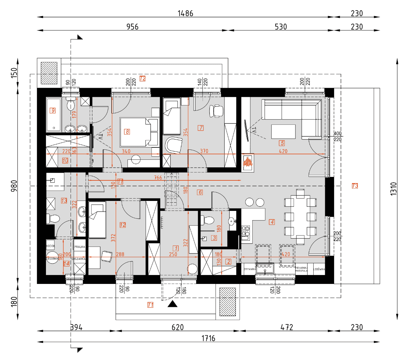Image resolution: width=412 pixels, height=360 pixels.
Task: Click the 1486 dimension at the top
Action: [185, 13]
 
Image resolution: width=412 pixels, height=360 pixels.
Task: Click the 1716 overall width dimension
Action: [208, 338]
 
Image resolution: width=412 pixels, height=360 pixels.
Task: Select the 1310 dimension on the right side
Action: [393, 189]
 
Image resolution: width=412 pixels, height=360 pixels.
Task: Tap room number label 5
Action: [282, 143]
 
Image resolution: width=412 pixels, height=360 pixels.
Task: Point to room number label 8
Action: [127, 132]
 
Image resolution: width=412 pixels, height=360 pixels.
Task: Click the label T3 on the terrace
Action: [355, 186]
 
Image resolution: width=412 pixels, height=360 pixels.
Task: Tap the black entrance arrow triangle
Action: [172, 304]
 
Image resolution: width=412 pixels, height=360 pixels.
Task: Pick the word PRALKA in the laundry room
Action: [80, 247]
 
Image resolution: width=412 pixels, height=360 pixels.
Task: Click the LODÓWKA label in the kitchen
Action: [319, 269]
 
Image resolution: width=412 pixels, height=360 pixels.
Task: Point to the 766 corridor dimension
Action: [158, 178]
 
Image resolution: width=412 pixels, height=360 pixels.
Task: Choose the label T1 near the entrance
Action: [150, 305]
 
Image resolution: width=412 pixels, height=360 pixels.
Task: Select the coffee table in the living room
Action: [283, 132]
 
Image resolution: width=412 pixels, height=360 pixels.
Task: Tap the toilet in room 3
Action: [207, 220]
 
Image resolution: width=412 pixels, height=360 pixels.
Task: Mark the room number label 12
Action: [123, 225]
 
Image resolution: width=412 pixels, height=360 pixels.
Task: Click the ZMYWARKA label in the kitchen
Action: [250, 269]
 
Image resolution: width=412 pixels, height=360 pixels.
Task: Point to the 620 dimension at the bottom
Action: [178, 327]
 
